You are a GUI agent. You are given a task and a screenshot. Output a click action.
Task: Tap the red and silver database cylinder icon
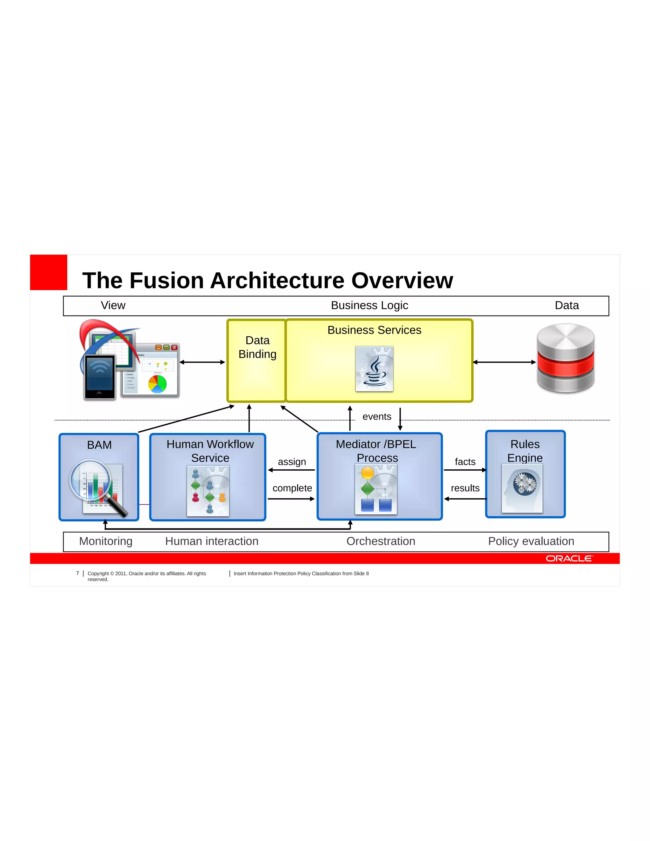coord(565,359)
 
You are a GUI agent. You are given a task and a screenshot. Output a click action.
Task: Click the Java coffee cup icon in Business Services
coord(374,369)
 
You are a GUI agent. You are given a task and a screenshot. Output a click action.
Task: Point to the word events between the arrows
coord(377,417)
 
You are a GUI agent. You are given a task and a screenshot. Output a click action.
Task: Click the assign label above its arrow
coord(292,462)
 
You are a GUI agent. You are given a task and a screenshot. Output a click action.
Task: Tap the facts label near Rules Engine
coord(465,462)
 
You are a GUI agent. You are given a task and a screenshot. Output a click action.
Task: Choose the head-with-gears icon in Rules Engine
coord(522,488)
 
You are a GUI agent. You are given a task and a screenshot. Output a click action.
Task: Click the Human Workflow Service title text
coord(210,451)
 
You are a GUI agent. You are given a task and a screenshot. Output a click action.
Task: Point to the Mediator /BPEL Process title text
coord(376,451)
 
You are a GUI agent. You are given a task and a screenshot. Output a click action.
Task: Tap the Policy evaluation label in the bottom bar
coord(531,541)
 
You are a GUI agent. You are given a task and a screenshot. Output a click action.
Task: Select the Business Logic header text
coord(369,305)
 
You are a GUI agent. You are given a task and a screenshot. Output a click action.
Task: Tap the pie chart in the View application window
coord(157,384)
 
